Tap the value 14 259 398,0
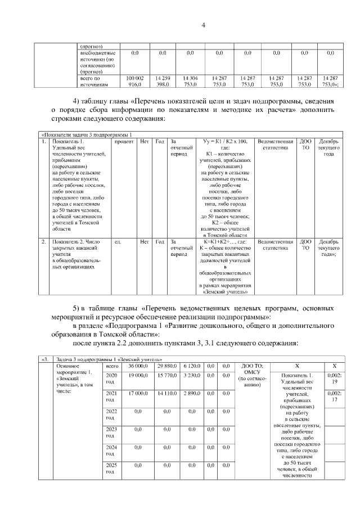(x=163, y=80)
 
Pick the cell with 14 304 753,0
(x=190, y=80)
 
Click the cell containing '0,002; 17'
(x=334, y=397)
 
